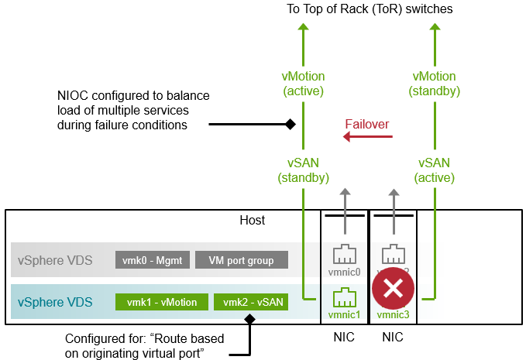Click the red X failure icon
(393, 290)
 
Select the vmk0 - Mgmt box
(152, 261)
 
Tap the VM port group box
(242, 261)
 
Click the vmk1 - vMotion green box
(161, 303)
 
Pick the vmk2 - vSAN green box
(251, 303)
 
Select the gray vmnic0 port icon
(344, 256)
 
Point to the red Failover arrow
(368, 138)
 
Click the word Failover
(367, 124)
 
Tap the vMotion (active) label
(303, 84)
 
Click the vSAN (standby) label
(303, 170)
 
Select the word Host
(253, 221)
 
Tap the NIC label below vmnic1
(344, 338)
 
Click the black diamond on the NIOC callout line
(290, 124)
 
